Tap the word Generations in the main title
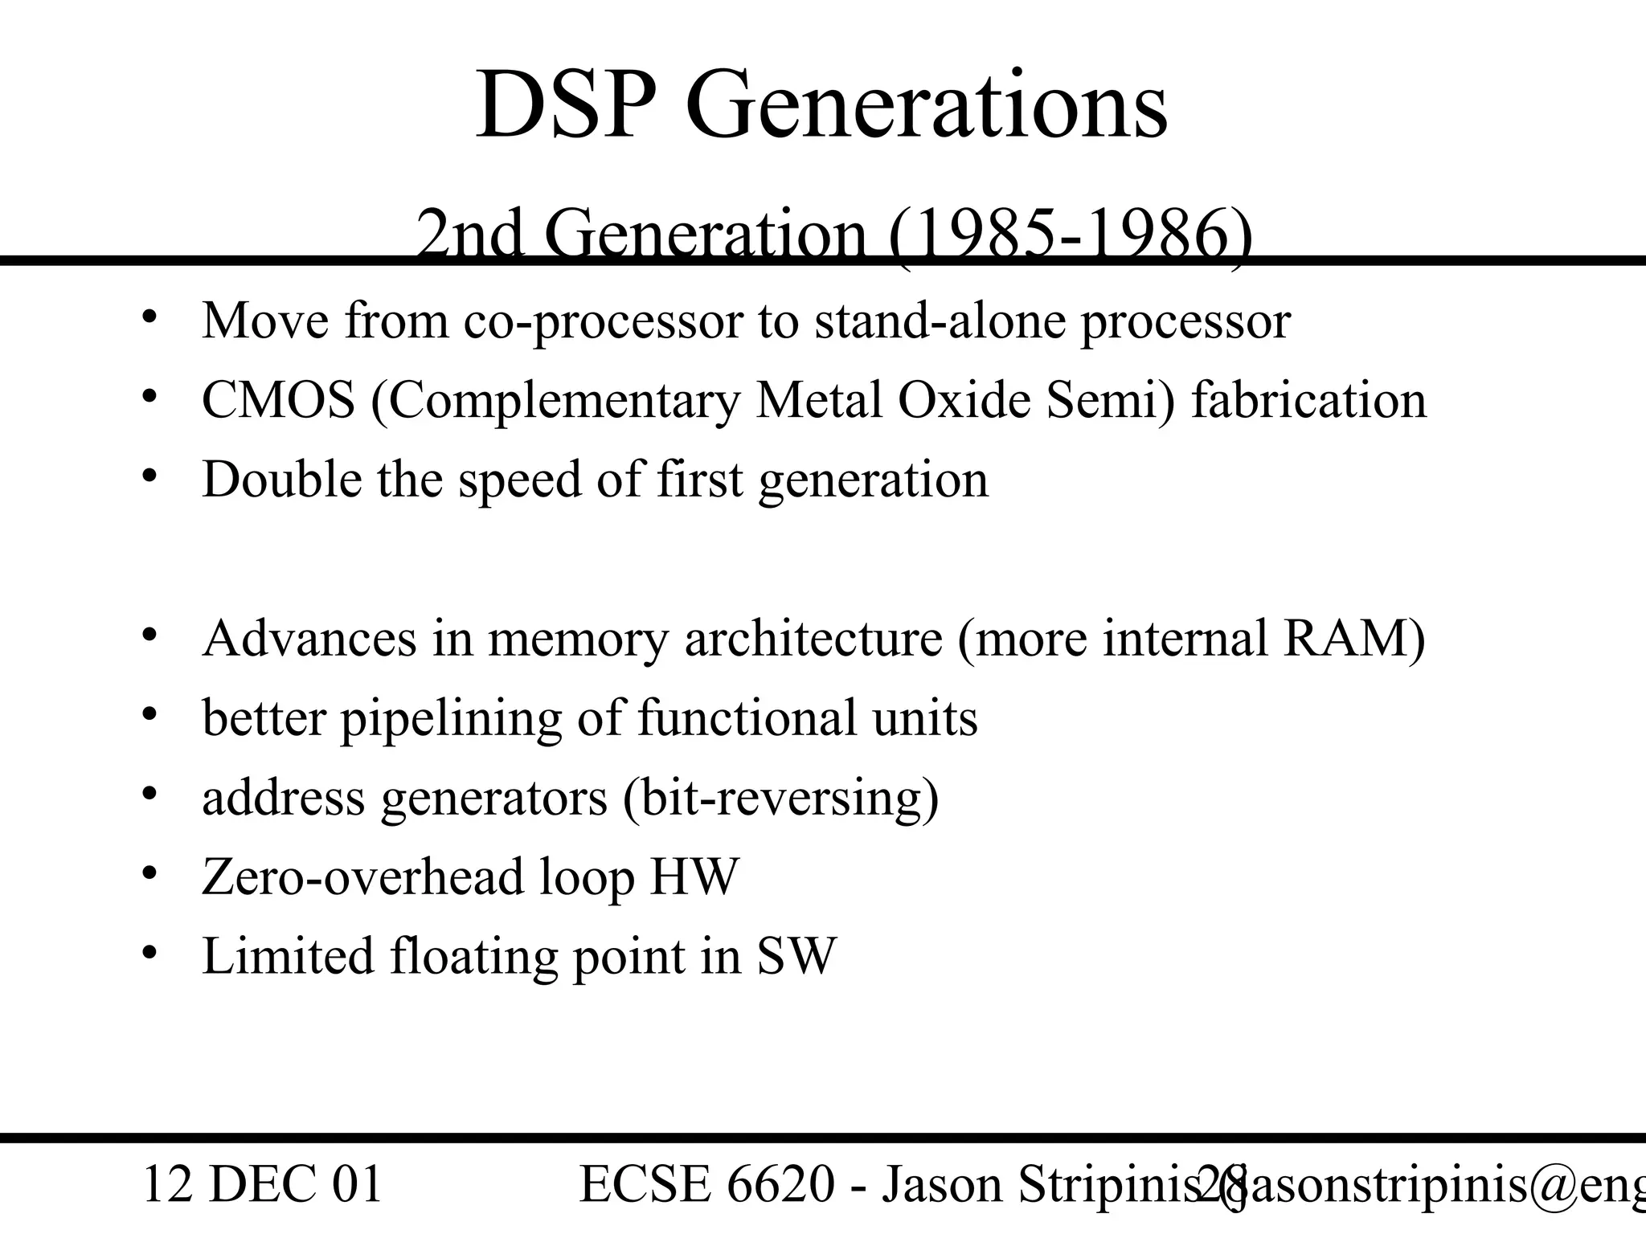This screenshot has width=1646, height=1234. pyautogui.click(x=926, y=106)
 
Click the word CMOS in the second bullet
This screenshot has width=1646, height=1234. pyautogui.click(x=278, y=400)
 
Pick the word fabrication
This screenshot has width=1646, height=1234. pyautogui.click(x=1308, y=400)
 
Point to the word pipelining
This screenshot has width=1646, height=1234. pyautogui.click(x=451, y=719)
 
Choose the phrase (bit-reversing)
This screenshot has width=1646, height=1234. pyautogui.click(x=780, y=799)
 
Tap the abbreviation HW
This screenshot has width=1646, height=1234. pyautogui.click(x=694, y=876)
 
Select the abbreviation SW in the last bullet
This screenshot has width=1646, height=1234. pyautogui.click(x=796, y=956)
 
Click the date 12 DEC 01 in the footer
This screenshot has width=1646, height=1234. pyautogui.click(x=262, y=1185)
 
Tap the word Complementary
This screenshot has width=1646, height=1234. pyautogui.click(x=555, y=400)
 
